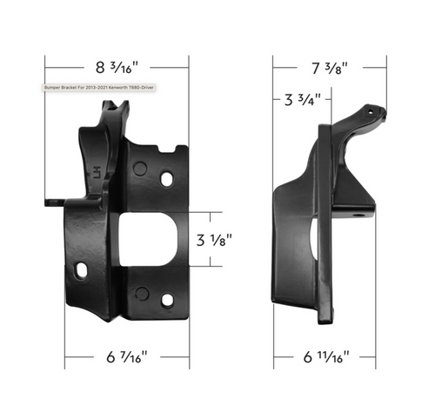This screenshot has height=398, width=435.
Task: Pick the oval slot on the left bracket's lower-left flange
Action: click(x=81, y=272)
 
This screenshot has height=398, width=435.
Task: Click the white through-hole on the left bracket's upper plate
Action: click(x=167, y=179)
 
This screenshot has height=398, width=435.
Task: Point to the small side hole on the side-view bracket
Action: click(x=355, y=209)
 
